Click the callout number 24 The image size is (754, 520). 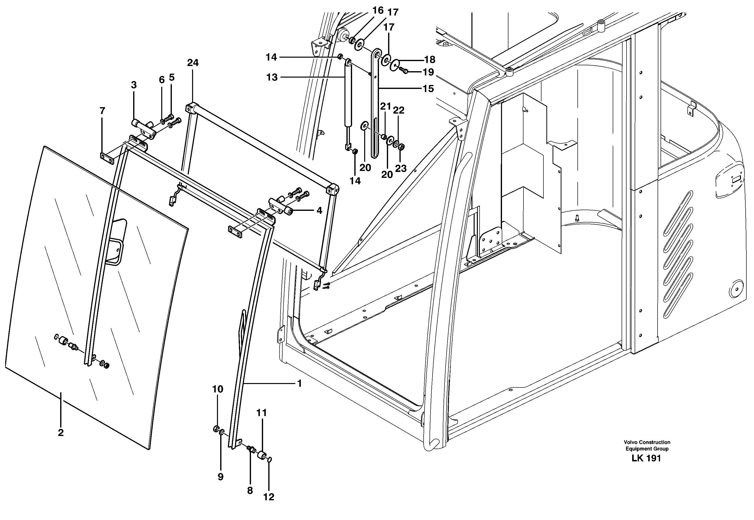[x=193, y=63]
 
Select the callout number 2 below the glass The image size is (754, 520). [x=61, y=433]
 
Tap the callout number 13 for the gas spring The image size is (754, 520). [x=272, y=77]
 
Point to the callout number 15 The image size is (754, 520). [x=428, y=89]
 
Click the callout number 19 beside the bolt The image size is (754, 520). [x=428, y=72]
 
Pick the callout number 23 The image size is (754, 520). [x=401, y=168]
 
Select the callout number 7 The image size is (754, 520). [x=102, y=111]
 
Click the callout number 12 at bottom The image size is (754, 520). [x=269, y=497]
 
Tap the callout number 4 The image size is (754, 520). [x=319, y=210]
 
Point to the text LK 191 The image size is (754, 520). [x=646, y=458]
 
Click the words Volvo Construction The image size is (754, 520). [x=647, y=442]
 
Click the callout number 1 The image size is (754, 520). [x=299, y=384]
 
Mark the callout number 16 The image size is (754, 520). [x=378, y=10]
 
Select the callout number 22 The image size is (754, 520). [x=398, y=110]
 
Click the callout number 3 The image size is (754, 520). [x=134, y=85]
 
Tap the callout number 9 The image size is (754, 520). [x=220, y=477]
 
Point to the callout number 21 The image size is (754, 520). [x=385, y=106]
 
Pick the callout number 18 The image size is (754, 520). [x=430, y=60]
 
